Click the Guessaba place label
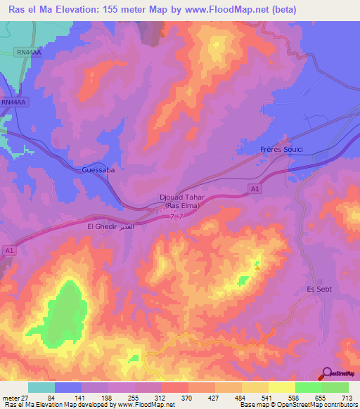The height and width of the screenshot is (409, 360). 98,170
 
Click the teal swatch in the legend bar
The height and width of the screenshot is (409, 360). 41,388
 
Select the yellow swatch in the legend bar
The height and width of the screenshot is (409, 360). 282,388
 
